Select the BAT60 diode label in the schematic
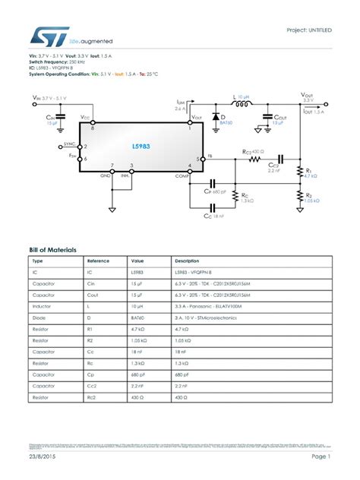(x=226, y=122)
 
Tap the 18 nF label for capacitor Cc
(x=219, y=216)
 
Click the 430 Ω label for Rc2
(x=259, y=152)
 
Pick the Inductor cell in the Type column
(x=40, y=306)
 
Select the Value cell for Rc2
(x=137, y=397)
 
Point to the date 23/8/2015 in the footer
(x=43, y=457)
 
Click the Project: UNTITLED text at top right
(x=308, y=30)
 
